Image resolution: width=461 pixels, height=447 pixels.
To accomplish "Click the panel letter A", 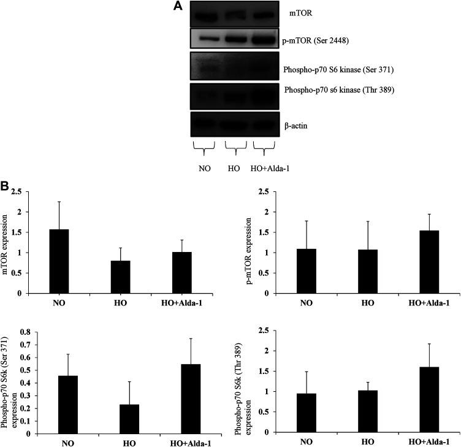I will click(178, 6).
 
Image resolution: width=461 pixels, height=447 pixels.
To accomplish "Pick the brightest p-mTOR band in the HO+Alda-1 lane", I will click(266, 42).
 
